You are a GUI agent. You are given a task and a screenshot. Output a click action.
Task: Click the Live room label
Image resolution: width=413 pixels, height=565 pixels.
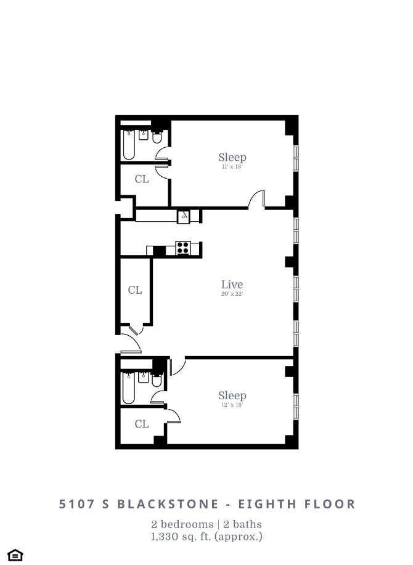point(232,285)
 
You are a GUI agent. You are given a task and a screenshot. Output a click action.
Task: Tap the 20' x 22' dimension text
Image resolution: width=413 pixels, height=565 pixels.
point(232,295)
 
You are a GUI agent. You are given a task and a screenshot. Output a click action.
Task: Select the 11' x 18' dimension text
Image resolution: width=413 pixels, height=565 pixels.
point(232,167)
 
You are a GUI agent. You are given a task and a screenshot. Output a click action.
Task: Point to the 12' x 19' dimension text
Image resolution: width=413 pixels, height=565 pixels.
point(232,405)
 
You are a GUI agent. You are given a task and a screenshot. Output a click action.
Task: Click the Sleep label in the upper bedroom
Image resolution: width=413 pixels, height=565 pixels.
point(232,157)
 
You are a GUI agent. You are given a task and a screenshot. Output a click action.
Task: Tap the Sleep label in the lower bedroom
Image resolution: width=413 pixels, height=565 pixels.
point(232,395)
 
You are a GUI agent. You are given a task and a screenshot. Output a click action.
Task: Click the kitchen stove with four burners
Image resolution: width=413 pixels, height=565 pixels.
point(183,248)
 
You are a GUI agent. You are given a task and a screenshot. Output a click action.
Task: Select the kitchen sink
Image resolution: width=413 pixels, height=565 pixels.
point(184,216)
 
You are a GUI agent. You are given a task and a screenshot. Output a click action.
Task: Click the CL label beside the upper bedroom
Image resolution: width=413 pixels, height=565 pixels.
point(142,179)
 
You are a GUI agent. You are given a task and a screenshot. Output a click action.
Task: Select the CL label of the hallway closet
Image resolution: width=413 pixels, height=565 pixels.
point(135,290)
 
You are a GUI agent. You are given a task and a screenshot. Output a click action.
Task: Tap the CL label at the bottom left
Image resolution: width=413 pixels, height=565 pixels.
point(142,424)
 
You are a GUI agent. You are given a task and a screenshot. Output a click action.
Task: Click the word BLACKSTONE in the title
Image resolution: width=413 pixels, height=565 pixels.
point(158,504)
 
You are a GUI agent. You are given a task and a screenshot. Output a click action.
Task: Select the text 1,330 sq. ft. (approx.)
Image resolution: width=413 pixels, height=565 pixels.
point(207,537)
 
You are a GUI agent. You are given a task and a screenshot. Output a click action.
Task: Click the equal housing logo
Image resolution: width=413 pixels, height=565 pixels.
point(15,555)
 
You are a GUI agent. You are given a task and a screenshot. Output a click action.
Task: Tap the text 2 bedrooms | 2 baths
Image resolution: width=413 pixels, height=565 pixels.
point(207,524)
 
